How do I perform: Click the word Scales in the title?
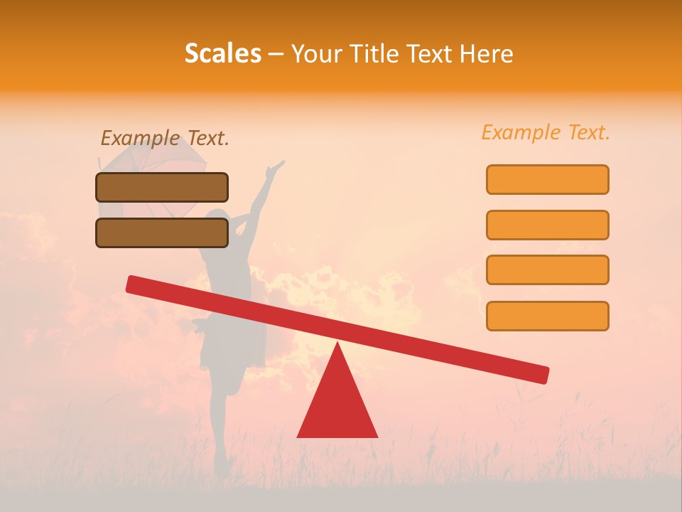click(222, 53)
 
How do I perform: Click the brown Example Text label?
click(165, 138)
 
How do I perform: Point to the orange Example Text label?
click(546, 132)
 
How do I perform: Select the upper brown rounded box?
click(162, 187)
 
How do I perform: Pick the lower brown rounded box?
click(162, 233)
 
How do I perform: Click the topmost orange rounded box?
click(547, 179)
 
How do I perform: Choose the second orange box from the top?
click(547, 225)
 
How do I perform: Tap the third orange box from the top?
click(547, 270)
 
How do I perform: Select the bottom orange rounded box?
click(547, 316)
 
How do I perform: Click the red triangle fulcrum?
click(337, 405)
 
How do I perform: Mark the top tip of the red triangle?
click(337, 344)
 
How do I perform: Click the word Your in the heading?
click(316, 53)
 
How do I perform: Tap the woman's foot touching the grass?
click(222, 469)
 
